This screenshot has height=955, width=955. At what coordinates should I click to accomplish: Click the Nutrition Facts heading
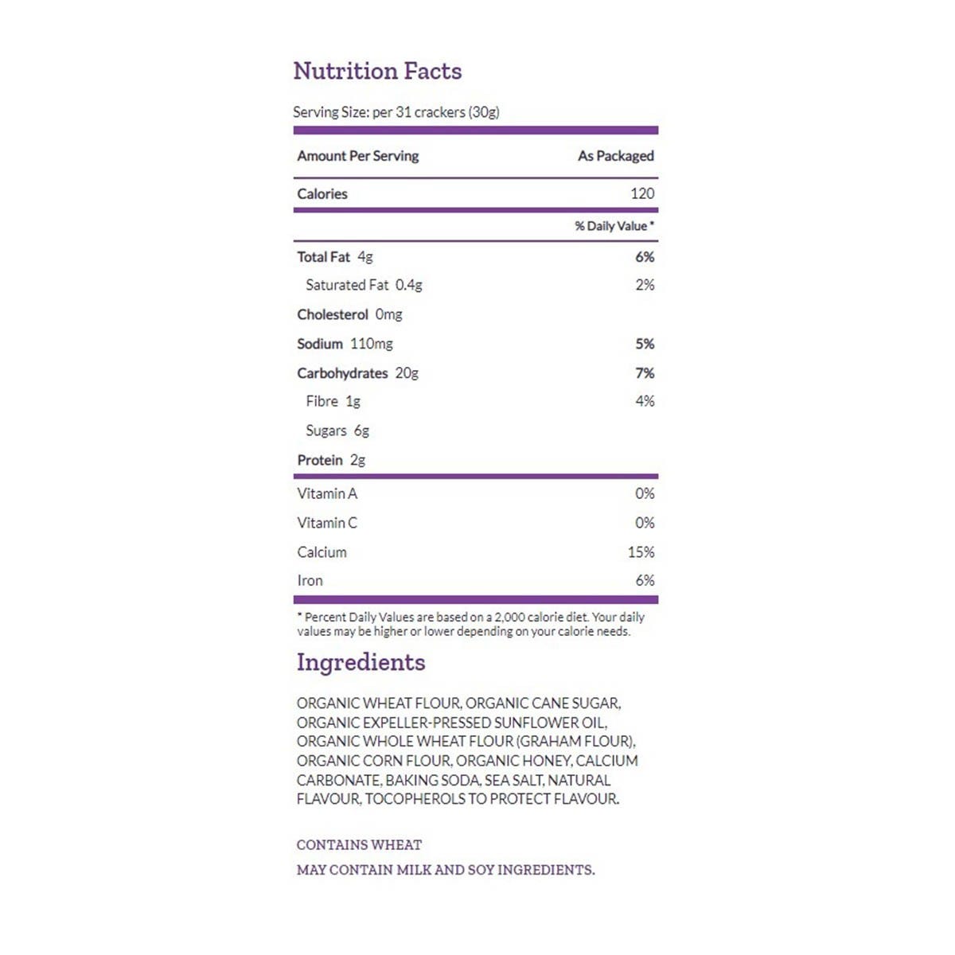coord(377,71)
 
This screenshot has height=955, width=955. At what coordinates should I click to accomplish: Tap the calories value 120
coord(641,193)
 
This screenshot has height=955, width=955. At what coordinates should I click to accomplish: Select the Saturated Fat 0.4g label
coord(364,285)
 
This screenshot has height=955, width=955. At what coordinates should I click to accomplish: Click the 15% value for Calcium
coord(641,552)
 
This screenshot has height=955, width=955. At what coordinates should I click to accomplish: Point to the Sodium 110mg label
coord(345,344)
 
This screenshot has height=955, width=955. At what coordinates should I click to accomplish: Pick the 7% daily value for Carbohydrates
coord(645,373)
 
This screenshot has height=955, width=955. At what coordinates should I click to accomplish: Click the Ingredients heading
coord(361,662)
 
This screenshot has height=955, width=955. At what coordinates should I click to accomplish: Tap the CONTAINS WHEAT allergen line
coord(359,845)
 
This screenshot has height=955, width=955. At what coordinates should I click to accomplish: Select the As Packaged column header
coord(615,156)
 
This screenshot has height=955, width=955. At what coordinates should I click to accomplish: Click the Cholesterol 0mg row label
coord(349,314)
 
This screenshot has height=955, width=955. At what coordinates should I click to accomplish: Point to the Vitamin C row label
coord(327,523)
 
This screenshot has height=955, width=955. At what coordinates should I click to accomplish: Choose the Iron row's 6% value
coord(645,581)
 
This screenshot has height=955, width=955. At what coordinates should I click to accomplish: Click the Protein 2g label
coord(331,460)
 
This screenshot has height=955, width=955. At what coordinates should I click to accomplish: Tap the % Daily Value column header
coord(614,226)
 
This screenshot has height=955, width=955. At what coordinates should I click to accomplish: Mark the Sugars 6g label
coord(337,431)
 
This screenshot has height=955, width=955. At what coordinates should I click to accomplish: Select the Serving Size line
coord(396,112)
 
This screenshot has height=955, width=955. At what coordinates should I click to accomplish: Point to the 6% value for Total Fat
coord(645,257)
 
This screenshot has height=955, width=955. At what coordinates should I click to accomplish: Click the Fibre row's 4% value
coord(645,401)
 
